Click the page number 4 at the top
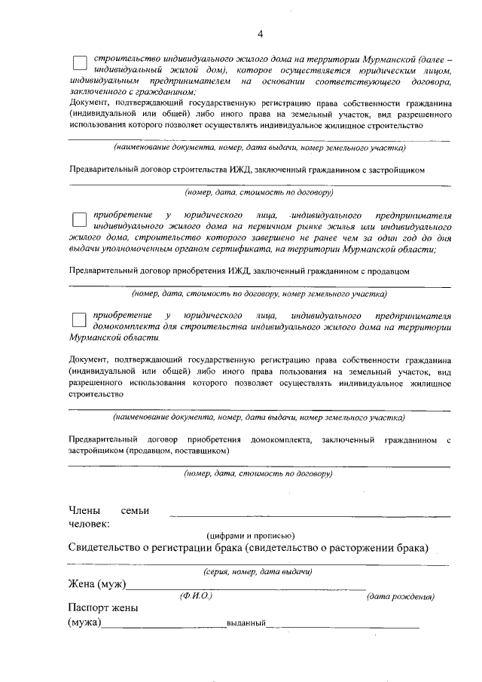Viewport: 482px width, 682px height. coord(260,33)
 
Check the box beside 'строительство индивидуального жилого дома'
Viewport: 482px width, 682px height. coord(79,63)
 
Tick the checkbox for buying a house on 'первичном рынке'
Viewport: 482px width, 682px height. coord(79,219)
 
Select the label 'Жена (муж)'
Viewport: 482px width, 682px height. coord(96,585)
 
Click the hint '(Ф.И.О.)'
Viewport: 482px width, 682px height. coord(196,596)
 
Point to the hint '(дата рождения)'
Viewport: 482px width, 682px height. coord(399,597)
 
